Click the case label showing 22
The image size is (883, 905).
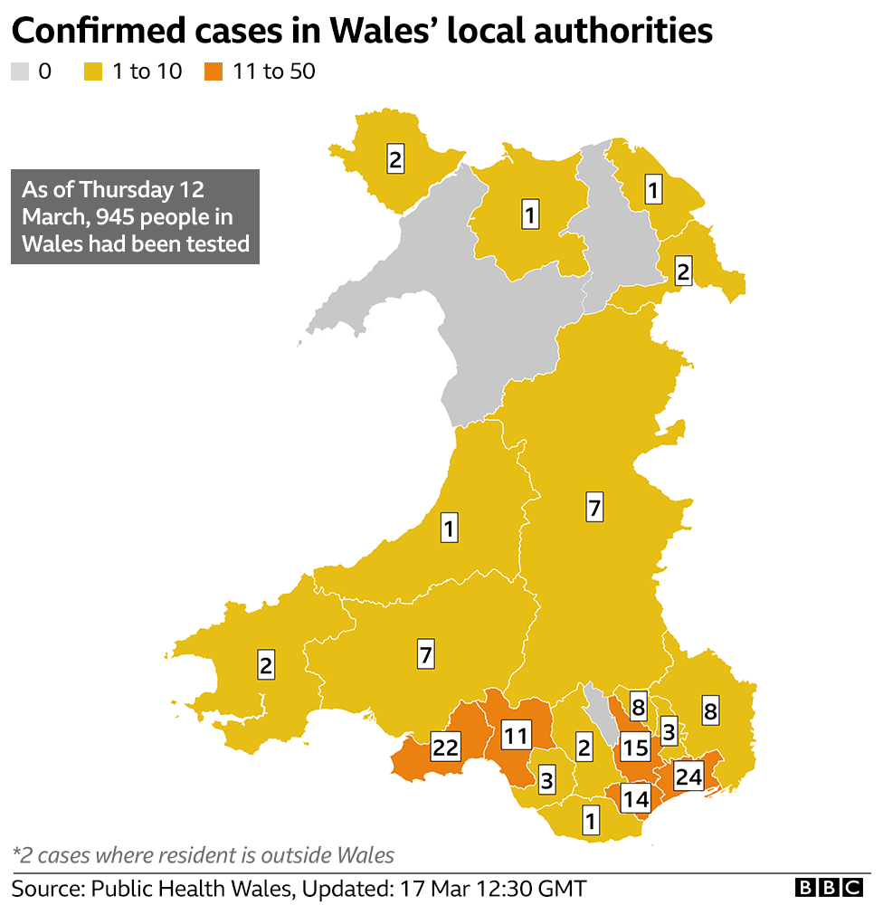(x=446, y=747)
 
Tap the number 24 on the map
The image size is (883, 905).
(x=688, y=776)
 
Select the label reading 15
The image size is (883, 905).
(x=635, y=748)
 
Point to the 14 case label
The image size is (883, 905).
(x=635, y=798)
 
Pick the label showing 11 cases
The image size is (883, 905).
(x=515, y=735)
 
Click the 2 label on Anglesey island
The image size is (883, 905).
(x=395, y=158)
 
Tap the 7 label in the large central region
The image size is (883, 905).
(x=593, y=508)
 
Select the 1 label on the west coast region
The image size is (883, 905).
(x=449, y=527)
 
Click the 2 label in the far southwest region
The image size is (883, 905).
(x=266, y=665)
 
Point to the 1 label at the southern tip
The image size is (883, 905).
(x=590, y=821)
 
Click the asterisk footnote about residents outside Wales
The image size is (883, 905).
(x=204, y=854)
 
